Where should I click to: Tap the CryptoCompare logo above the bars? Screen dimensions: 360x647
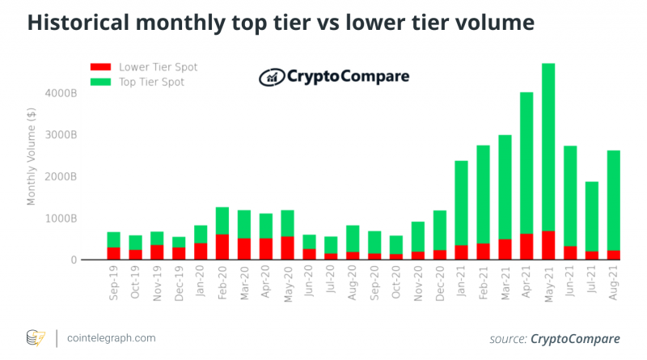(x=334, y=78)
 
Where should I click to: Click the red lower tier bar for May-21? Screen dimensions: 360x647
(x=548, y=246)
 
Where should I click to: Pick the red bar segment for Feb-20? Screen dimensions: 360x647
(x=222, y=248)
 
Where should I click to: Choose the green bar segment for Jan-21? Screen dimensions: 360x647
(x=461, y=203)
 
